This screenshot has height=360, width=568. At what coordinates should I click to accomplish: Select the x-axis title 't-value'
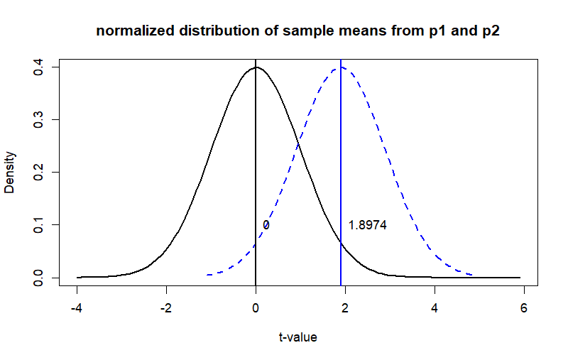pyautogui.click(x=297, y=337)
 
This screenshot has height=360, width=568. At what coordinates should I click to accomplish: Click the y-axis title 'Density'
pyautogui.click(x=10, y=173)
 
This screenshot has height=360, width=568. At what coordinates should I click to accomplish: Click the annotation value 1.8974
pyautogui.click(x=367, y=225)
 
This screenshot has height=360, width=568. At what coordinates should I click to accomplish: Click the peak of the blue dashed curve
pyautogui.click(x=341, y=67)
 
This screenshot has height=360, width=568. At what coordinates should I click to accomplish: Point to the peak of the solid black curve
pyautogui.click(x=256, y=67)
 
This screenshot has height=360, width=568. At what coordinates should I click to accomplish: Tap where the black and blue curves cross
pyautogui.click(x=298, y=146)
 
